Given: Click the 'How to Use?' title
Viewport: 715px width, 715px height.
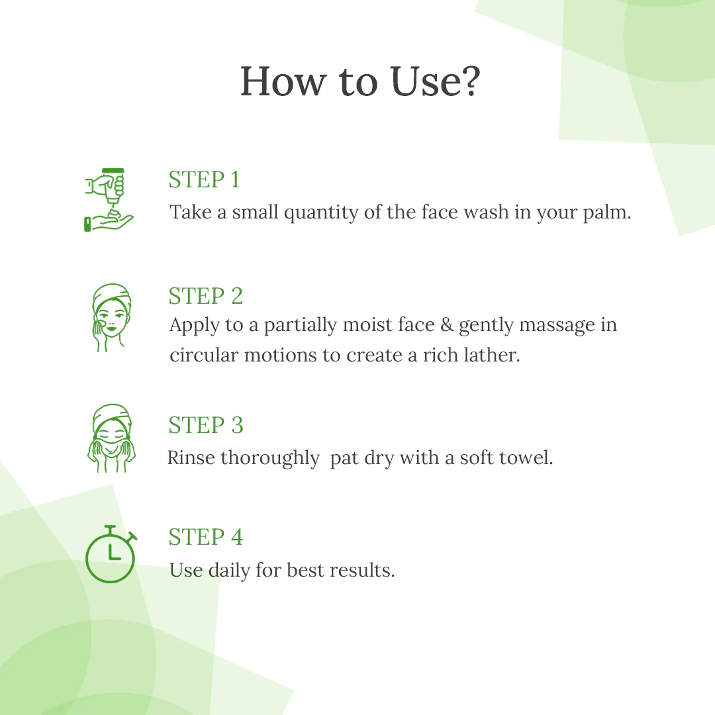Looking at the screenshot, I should pos(359,82).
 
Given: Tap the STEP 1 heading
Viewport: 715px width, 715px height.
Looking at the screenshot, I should pos(204,179).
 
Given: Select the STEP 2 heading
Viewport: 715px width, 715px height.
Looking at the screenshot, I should pos(206,296).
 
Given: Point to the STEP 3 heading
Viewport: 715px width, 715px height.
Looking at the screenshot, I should pos(206,425).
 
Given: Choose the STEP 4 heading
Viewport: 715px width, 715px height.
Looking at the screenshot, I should pos(206,537).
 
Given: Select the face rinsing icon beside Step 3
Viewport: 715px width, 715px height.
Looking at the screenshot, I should pos(111,438).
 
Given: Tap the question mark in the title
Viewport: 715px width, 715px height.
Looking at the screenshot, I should pos(468,82).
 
